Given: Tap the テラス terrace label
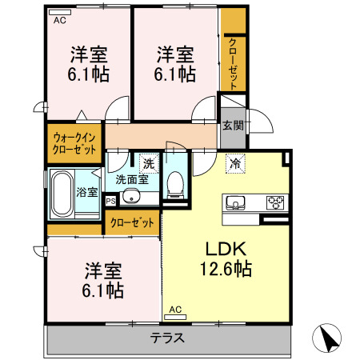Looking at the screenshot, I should click(167, 338).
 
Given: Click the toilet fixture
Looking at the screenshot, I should click(175, 182).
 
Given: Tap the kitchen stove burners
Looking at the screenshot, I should click(275, 201).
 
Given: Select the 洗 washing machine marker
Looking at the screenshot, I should click(148, 164).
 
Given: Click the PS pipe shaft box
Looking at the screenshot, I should click(110, 202).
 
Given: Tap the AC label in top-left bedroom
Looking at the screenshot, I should click(60, 22).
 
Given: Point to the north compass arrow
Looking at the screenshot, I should click(329, 338).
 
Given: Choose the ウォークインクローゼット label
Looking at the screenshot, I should click(74, 143).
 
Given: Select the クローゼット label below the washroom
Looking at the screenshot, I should click(132, 222).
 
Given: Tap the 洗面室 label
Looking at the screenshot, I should click(131, 180).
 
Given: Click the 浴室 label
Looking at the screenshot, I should click(86, 191).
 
